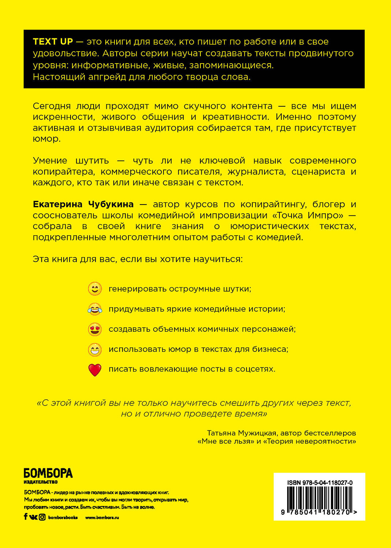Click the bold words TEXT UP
pos(53,42)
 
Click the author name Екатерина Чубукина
pos(83,204)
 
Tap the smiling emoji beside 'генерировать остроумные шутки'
pos(95,289)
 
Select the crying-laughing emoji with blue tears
pos(95,309)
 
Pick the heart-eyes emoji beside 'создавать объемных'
pos(95,329)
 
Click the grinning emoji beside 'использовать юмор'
pos(95,350)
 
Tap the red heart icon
pos(95,370)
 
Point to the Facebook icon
pos(26,517)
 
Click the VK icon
pos(33,517)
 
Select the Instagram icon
pos(42,517)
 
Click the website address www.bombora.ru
pos(102,517)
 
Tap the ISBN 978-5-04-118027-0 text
pos(320,483)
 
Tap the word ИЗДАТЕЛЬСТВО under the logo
pos(41,482)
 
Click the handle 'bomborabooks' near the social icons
pos(63,517)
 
